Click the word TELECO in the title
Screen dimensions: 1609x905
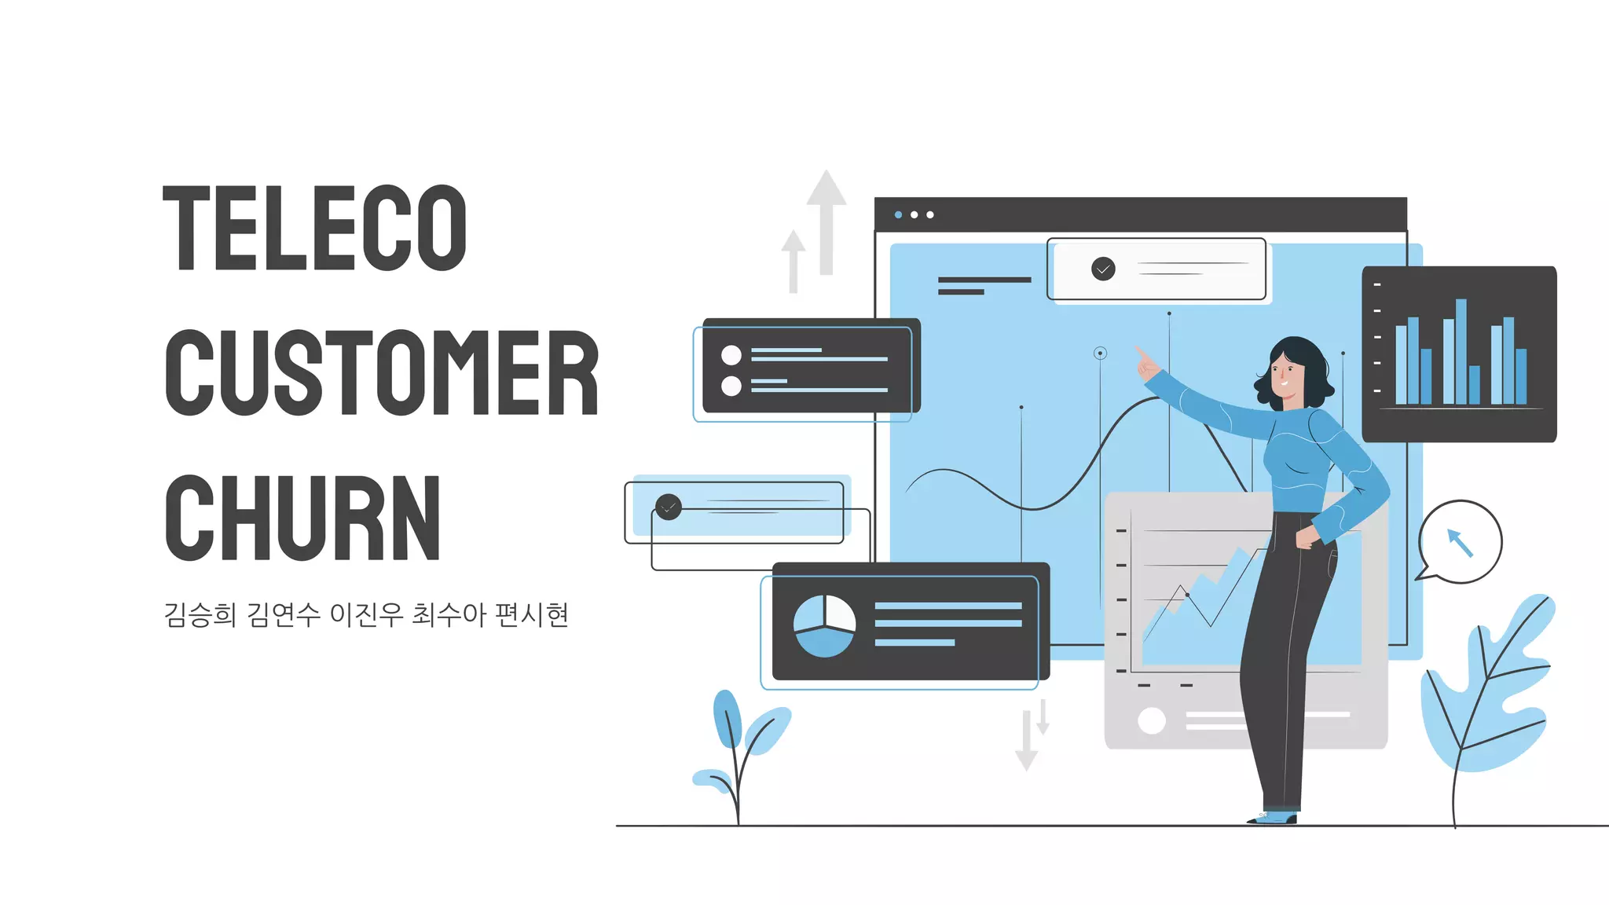click(x=314, y=228)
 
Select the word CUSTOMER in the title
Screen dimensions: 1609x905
click(x=382, y=372)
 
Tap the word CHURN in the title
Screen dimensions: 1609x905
click(x=302, y=518)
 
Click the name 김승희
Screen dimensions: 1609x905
click(x=200, y=614)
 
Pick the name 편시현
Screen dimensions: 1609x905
click(x=532, y=614)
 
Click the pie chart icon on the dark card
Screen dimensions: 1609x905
click(x=824, y=625)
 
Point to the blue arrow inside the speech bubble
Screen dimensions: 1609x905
click(x=1460, y=542)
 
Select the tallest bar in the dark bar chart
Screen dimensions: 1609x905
click(x=1461, y=351)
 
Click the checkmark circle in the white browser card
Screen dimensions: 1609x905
click(x=1103, y=269)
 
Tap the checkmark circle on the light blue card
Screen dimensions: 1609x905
click(x=669, y=507)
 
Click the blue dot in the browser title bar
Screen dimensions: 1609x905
click(x=898, y=214)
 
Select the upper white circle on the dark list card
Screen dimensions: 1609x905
click(x=731, y=355)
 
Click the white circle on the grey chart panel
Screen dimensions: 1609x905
click(x=1152, y=720)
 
